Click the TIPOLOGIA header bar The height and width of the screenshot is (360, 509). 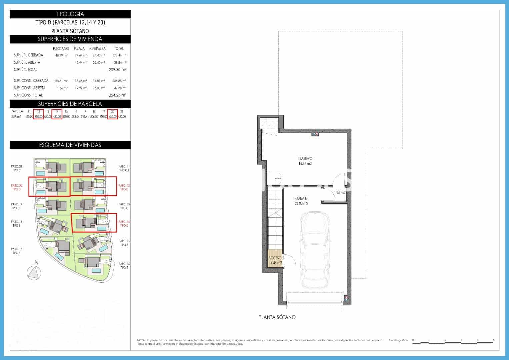point(70,14)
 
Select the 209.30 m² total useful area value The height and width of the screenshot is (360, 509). point(117,70)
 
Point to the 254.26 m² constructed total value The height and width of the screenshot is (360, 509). point(117,95)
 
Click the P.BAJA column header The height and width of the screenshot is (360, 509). point(79,49)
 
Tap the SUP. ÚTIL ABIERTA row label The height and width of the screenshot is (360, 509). point(27,62)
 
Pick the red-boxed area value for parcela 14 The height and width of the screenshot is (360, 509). point(57,117)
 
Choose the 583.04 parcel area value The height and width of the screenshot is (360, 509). point(75,117)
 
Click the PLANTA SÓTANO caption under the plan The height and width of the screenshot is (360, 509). point(277,317)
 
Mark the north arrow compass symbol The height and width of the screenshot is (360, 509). point(34,272)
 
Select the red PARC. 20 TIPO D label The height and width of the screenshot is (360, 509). point(16,187)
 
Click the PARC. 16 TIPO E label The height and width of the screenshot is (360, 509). point(124,266)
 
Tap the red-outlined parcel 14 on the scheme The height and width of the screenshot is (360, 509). point(94,223)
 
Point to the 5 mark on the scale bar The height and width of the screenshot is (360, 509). point(494,340)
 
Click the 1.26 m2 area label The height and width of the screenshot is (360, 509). point(340,193)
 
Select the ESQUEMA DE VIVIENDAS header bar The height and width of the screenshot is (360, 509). point(70,145)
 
